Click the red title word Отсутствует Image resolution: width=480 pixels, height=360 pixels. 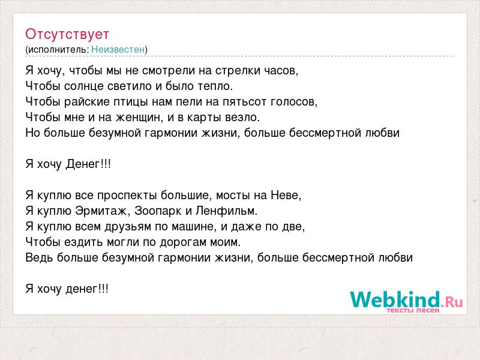pos(67,34)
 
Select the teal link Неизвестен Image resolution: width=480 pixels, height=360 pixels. pos(118,49)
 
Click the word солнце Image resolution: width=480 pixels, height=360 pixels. pos(83,86)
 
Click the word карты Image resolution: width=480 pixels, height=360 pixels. pos(204,118)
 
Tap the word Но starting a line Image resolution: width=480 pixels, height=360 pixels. pos(32,133)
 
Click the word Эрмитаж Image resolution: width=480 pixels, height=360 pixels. pos(101,211)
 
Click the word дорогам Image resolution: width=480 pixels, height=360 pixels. pos(183,242)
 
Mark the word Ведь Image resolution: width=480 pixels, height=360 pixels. pos(39,257)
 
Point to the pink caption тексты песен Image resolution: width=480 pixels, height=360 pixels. pos(413,310)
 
